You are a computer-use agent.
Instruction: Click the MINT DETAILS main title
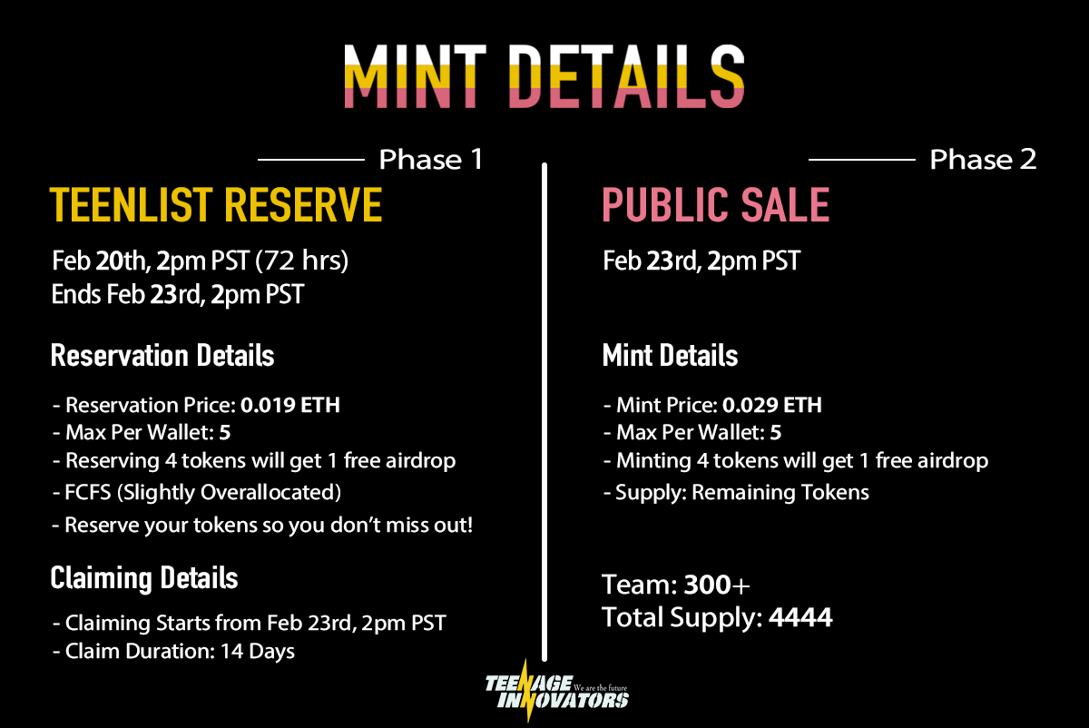pos(544,77)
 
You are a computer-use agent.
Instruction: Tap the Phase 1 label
pos(431,161)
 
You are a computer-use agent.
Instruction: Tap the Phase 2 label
pos(983,161)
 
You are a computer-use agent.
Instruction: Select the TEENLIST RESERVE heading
pos(216,205)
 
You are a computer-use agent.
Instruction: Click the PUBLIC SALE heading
pos(716,205)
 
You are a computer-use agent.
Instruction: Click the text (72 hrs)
pos(302,262)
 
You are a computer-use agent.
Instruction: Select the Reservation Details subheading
pos(162,355)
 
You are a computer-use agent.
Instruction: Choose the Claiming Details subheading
pos(144,577)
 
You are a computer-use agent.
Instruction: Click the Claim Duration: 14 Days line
pos(180,651)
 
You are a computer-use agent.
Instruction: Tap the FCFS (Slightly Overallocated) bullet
pos(203,493)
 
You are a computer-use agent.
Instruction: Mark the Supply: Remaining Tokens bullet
pos(736,493)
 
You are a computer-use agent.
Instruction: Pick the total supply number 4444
pos(800,619)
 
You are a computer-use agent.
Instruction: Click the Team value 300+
pos(717,584)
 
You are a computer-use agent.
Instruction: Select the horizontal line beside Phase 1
pos(310,161)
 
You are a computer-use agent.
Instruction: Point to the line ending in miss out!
pos(269,526)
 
